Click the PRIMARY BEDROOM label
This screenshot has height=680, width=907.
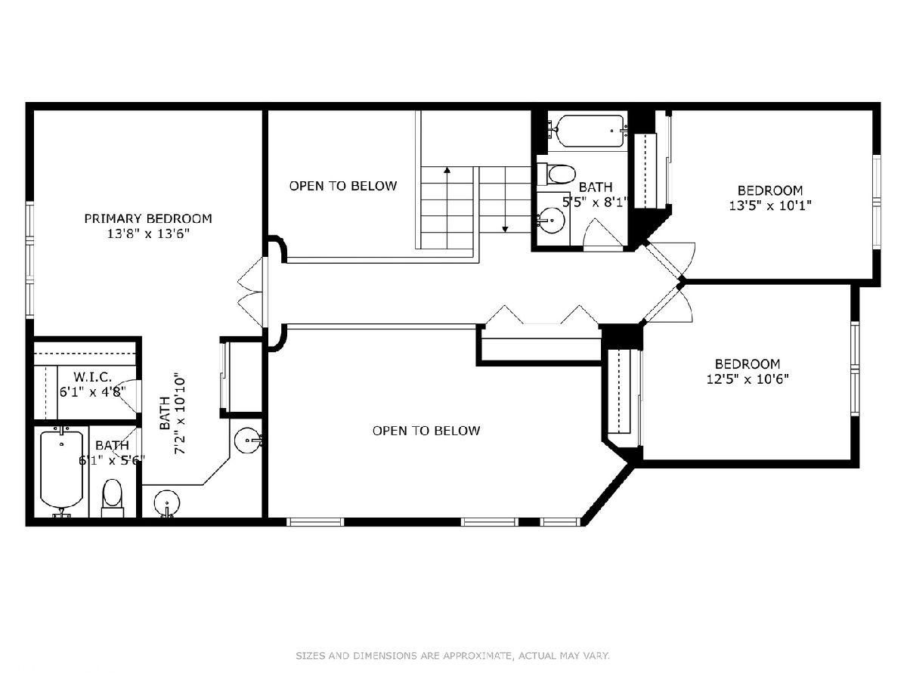click(x=148, y=218)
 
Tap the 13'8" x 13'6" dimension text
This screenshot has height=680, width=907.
click(x=148, y=234)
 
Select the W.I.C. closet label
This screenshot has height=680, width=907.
click(x=92, y=376)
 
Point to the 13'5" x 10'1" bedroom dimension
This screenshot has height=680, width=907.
click(x=769, y=206)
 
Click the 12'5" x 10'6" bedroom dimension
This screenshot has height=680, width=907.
click(x=747, y=379)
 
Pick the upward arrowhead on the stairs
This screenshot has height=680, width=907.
click(x=447, y=170)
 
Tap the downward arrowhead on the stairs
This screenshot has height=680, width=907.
click(x=505, y=229)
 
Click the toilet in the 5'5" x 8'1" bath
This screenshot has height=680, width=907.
click(x=556, y=175)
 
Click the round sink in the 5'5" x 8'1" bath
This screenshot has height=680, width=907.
click(x=551, y=221)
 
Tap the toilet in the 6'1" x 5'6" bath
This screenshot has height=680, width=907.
click(x=113, y=498)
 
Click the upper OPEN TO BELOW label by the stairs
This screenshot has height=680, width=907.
click(x=343, y=186)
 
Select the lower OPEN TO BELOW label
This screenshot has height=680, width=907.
click(x=426, y=431)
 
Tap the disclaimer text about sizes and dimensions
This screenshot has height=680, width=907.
click(x=453, y=656)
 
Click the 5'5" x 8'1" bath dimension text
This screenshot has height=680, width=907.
click(x=595, y=202)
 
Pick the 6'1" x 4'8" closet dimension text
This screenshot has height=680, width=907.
click(x=92, y=391)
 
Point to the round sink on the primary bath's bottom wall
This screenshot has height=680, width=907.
click(x=167, y=503)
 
